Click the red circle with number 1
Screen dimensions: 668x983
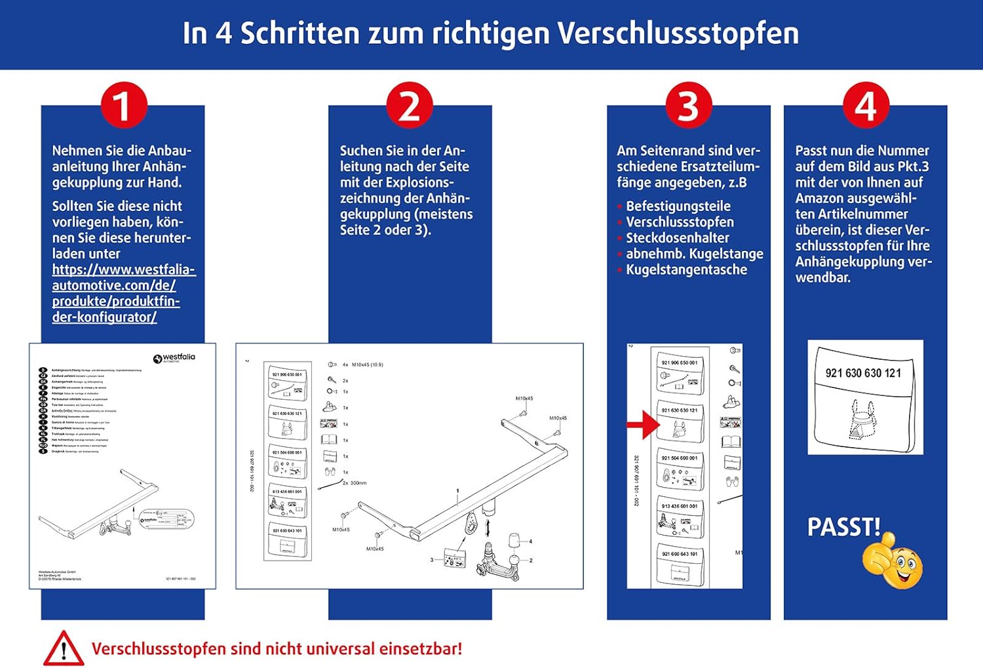(122, 105)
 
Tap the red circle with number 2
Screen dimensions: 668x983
(409, 105)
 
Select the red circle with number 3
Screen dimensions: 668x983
(688, 105)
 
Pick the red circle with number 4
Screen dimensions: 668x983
(865, 105)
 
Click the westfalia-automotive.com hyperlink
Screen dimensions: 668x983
(123, 293)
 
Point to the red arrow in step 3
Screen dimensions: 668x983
(643, 425)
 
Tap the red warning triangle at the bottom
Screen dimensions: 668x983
(63, 649)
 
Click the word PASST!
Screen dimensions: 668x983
(843, 527)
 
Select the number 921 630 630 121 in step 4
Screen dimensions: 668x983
(863, 373)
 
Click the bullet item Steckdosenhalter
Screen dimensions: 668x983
(677, 238)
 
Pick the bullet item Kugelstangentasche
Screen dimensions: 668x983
(686, 269)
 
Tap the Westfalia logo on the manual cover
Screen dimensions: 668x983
(174, 358)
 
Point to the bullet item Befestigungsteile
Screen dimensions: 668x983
(678, 206)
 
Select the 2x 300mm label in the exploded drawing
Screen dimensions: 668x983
(355, 483)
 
